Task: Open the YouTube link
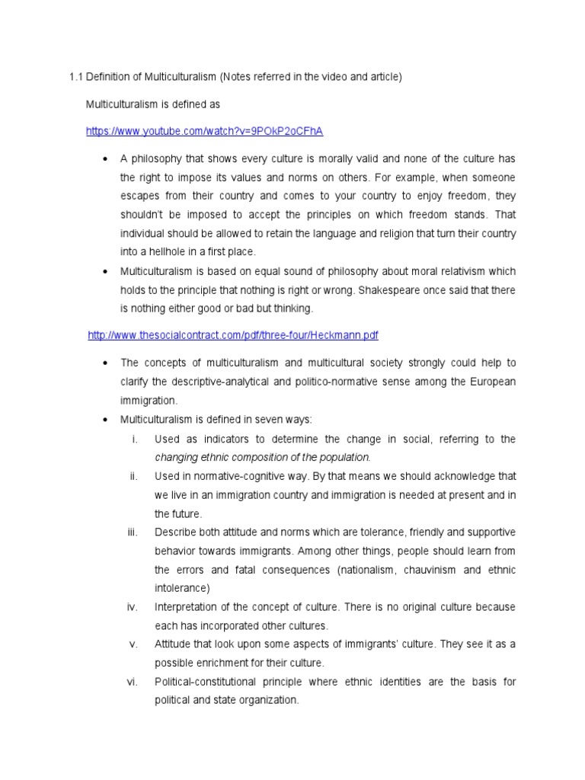tap(204, 131)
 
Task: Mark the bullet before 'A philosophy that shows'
tap(104, 158)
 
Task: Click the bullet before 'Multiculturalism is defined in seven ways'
tap(104, 420)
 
